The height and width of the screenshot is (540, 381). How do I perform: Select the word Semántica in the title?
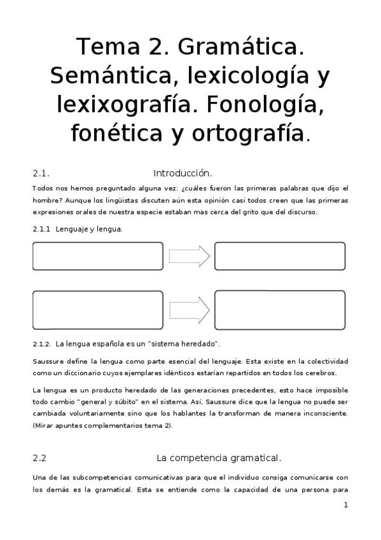tap(109, 76)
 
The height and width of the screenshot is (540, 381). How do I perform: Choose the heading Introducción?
tap(183, 173)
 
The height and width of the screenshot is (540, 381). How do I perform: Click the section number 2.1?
tap(41, 173)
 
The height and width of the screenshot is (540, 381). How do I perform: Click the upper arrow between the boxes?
tap(189, 256)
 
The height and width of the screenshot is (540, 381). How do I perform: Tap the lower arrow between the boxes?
tap(189, 309)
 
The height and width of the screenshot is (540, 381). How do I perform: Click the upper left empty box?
tap(97, 256)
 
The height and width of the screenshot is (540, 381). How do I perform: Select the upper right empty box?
tap(280, 256)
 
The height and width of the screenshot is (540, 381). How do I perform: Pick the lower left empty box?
tap(97, 309)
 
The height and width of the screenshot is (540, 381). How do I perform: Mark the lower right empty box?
tap(280, 309)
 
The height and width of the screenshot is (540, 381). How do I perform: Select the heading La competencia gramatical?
tap(218, 457)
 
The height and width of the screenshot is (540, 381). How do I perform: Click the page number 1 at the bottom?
tap(345, 506)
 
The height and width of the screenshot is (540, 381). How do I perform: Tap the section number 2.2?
tap(39, 457)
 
